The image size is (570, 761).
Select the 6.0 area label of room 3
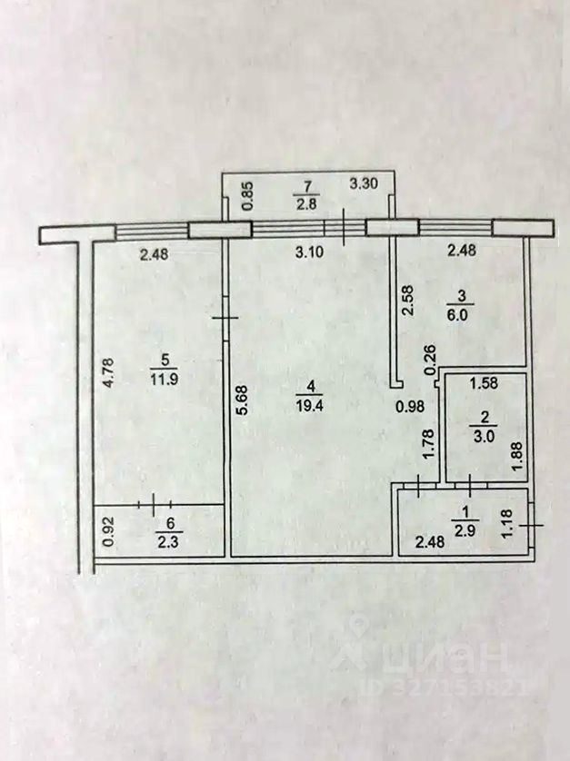(457, 314)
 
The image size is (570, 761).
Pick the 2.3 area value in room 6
(168, 540)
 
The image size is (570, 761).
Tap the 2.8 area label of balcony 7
(306, 203)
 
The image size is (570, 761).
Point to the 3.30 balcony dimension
(365, 183)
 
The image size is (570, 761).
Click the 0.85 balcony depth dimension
(247, 195)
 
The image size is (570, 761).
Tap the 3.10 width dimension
(309, 252)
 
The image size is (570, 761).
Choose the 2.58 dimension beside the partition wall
(407, 301)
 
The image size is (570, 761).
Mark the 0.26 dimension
(431, 361)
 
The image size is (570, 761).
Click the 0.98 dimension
(410, 407)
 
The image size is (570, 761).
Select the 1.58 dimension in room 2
(484, 383)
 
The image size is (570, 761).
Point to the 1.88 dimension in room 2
(517, 455)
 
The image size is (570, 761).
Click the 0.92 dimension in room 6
(109, 531)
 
